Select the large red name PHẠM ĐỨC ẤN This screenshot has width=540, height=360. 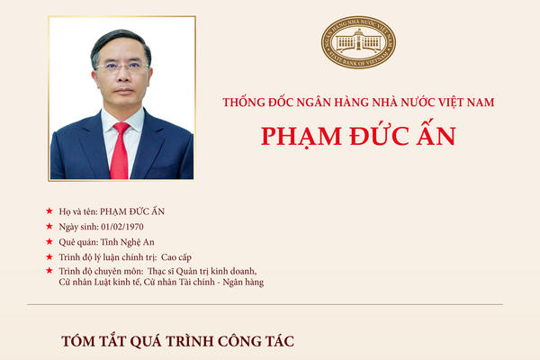coord(358,136)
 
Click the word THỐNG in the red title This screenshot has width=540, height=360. coord(245,103)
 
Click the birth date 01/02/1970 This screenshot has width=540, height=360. coord(121,226)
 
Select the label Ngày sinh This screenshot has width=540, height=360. coord(78,226)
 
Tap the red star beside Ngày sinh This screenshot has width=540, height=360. coord(49,226)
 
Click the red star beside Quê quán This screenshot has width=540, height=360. coord(49,241)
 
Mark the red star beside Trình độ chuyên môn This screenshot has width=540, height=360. coord(49,271)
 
